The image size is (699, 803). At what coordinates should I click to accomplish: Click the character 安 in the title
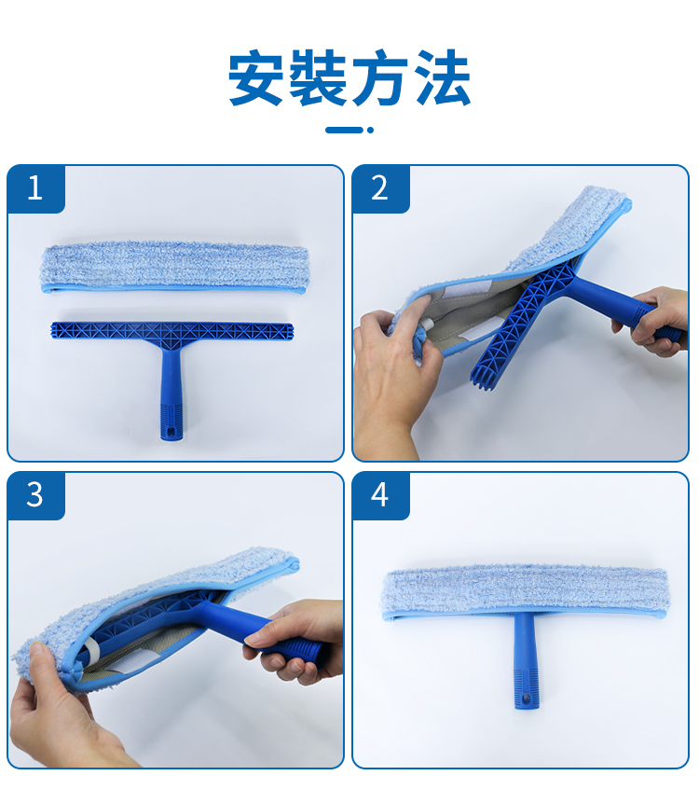click(x=256, y=77)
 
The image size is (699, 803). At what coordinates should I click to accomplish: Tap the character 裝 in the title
click(x=319, y=77)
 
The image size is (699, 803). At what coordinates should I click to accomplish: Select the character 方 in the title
click(x=379, y=77)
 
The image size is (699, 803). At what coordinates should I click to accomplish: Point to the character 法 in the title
click(x=443, y=77)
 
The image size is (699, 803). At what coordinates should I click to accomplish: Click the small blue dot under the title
click(x=370, y=130)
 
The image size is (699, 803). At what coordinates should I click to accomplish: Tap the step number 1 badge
click(x=35, y=188)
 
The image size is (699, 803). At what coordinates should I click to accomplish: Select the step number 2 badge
click(x=380, y=188)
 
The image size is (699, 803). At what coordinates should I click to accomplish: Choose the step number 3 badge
click(x=35, y=495)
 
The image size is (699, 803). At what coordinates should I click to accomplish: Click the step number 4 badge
click(x=380, y=495)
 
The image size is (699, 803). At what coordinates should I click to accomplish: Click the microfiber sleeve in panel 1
click(x=174, y=268)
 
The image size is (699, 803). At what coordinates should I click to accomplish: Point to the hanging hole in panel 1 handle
click(x=171, y=430)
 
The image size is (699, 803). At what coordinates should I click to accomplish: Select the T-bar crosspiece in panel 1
click(x=171, y=331)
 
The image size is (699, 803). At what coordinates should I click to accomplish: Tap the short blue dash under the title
click(x=345, y=130)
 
